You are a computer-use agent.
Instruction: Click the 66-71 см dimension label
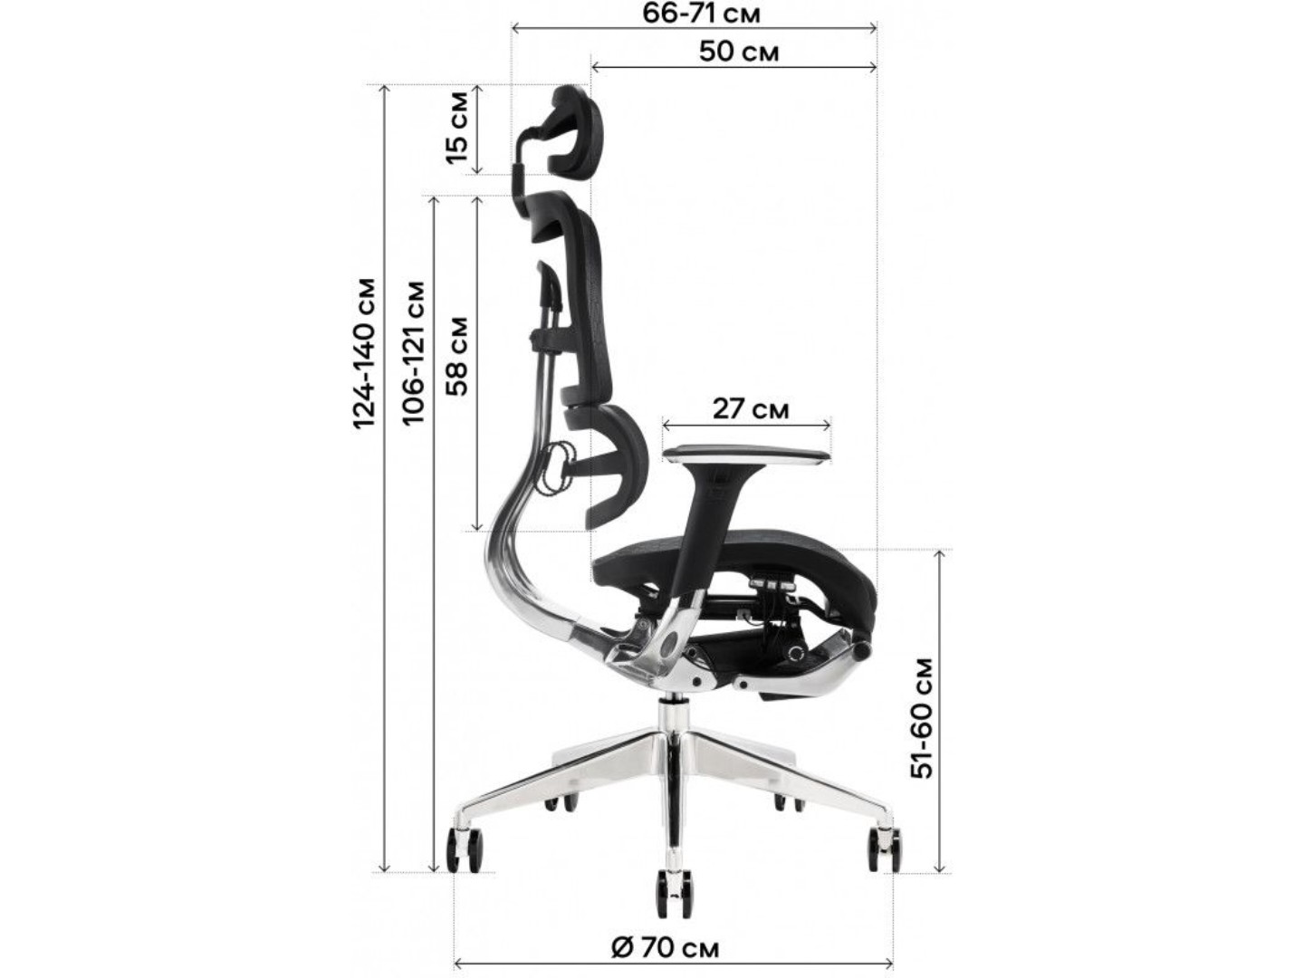pyautogui.click(x=701, y=13)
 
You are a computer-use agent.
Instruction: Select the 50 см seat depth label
pyautogui.click(x=738, y=53)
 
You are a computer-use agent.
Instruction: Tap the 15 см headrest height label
pyautogui.click(x=457, y=129)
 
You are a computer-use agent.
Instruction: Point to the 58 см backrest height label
pyautogui.click(x=457, y=356)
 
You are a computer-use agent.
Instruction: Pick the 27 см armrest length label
pyautogui.click(x=751, y=409)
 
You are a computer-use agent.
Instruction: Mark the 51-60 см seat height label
pyautogui.click(x=922, y=717)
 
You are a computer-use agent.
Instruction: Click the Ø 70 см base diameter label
pyautogui.click(x=665, y=948)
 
